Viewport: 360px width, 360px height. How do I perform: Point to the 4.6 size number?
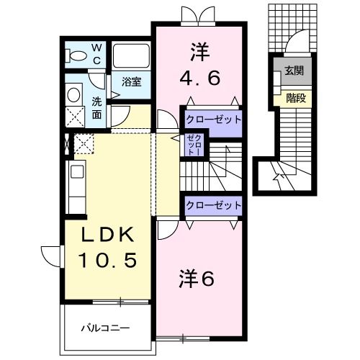tap(196, 76)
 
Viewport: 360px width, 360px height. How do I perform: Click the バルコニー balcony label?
tap(104, 328)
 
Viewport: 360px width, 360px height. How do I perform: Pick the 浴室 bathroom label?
tap(131, 82)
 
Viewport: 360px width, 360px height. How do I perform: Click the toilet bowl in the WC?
tap(74, 55)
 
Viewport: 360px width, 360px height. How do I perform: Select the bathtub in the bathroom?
tap(132, 55)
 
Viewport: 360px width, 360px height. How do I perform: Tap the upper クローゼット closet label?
tap(212, 119)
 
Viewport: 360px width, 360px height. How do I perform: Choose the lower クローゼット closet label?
tap(213, 205)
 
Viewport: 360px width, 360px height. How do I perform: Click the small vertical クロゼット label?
tap(191, 145)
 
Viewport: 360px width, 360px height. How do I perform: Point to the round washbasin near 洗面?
tap(73, 94)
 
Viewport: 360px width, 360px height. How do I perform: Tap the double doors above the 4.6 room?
tap(197, 14)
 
